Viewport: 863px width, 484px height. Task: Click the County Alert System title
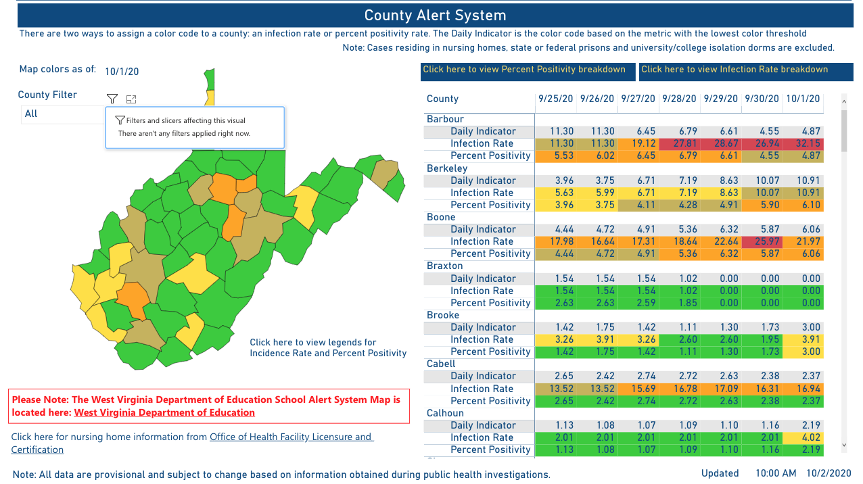[435, 16]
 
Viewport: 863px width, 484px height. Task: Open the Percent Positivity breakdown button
[524, 70]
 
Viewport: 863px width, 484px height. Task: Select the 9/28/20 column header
[679, 99]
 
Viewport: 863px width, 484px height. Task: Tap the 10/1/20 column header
[803, 99]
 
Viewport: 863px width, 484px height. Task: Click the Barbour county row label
[445, 119]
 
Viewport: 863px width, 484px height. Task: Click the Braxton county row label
[444, 266]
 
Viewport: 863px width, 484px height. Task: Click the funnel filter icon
[112, 99]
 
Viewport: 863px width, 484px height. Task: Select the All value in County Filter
[31, 114]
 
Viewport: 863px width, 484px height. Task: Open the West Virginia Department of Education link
[164, 412]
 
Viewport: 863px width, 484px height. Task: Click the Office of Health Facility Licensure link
[291, 437]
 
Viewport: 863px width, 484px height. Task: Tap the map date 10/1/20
[122, 71]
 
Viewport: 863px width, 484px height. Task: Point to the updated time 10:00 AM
[776, 473]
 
